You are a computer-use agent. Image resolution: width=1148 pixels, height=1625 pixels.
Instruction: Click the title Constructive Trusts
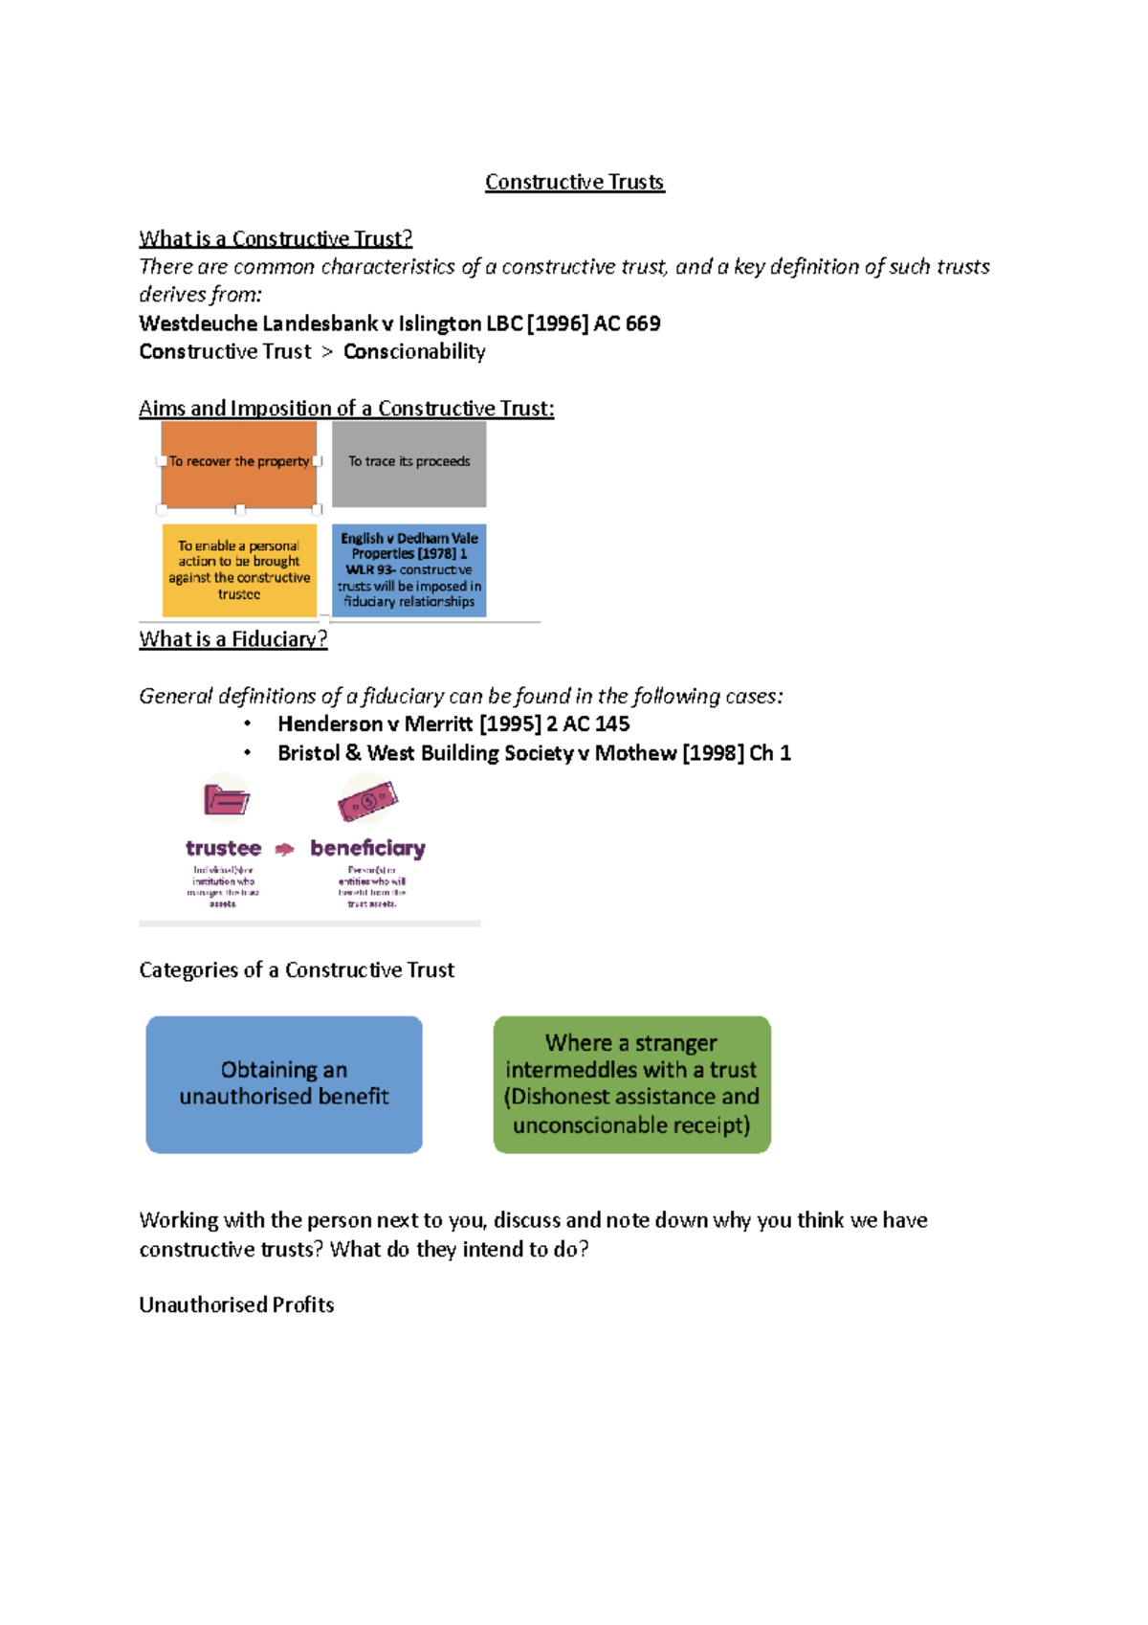tap(574, 182)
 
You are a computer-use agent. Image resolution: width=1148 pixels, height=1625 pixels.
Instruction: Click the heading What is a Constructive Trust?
tap(276, 238)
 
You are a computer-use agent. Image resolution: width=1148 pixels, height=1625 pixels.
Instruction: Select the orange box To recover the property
tap(239, 463)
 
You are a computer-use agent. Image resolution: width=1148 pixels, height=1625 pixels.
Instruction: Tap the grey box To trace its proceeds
tap(409, 463)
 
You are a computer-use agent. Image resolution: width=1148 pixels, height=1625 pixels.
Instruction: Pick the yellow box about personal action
tap(239, 570)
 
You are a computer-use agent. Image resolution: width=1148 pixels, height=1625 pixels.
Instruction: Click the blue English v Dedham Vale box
tap(409, 570)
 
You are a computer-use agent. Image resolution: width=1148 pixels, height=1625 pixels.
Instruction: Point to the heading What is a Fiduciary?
tap(233, 639)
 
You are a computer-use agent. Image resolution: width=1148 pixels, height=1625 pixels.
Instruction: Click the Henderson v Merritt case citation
tap(453, 724)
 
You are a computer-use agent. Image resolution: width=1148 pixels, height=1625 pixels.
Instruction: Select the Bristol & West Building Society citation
tap(534, 753)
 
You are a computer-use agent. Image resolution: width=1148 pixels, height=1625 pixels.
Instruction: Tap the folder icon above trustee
tap(227, 798)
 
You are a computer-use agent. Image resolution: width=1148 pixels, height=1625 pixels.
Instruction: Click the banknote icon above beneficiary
tap(367, 800)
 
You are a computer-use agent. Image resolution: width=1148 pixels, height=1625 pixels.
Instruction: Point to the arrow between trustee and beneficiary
tap(285, 849)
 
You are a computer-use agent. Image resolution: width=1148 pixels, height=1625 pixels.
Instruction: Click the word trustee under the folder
tap(223, 848)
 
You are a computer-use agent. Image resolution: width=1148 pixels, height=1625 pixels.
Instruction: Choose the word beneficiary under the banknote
tap(367, 848)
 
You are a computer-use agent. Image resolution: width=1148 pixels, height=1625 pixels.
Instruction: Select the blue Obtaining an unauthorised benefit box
tap(284, 1084)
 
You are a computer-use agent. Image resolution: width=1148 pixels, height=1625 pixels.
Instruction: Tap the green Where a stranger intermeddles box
tap(631, 1084)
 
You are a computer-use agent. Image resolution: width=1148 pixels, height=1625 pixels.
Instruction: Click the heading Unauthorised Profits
tap(236, 1305)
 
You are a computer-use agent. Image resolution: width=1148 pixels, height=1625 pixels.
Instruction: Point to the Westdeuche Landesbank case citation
tap(400, 323)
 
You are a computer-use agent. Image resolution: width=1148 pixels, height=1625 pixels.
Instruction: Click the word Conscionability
tap(414, 352)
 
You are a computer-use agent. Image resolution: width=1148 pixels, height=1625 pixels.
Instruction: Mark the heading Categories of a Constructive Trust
tap(297, 970)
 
